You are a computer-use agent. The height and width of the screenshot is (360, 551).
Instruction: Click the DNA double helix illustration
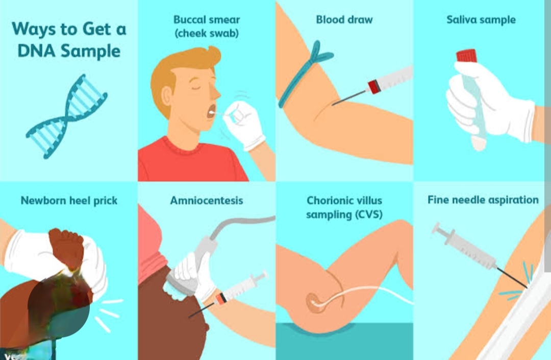(x=67, y=116)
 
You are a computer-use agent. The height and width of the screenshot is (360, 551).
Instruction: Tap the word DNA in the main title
(x=36, y=51)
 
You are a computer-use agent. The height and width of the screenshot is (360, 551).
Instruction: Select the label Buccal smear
(x=207, y=20)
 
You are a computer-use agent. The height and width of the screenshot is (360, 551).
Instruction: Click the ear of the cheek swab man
(x=166, y=97)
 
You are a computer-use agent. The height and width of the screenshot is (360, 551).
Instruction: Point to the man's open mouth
(x=212, y=111)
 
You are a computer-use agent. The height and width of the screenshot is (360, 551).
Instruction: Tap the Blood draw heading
(x=344, y=20)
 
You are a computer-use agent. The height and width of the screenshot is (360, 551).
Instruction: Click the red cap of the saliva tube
(x=467, y=56)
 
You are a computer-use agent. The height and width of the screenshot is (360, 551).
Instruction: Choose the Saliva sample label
(x=481, y=20)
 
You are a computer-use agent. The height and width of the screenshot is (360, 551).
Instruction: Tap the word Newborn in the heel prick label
(x=43, y=200)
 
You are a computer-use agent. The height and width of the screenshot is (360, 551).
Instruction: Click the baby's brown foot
(x=67, y=248)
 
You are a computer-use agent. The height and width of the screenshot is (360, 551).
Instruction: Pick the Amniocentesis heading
(x=207, y=200)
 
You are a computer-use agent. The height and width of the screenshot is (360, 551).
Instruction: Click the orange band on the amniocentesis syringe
(x=221, y=299)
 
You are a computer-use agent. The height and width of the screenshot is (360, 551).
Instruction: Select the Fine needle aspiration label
(x=483, y=200)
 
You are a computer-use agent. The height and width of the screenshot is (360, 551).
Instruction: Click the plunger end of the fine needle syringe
(x=437, y=229)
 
